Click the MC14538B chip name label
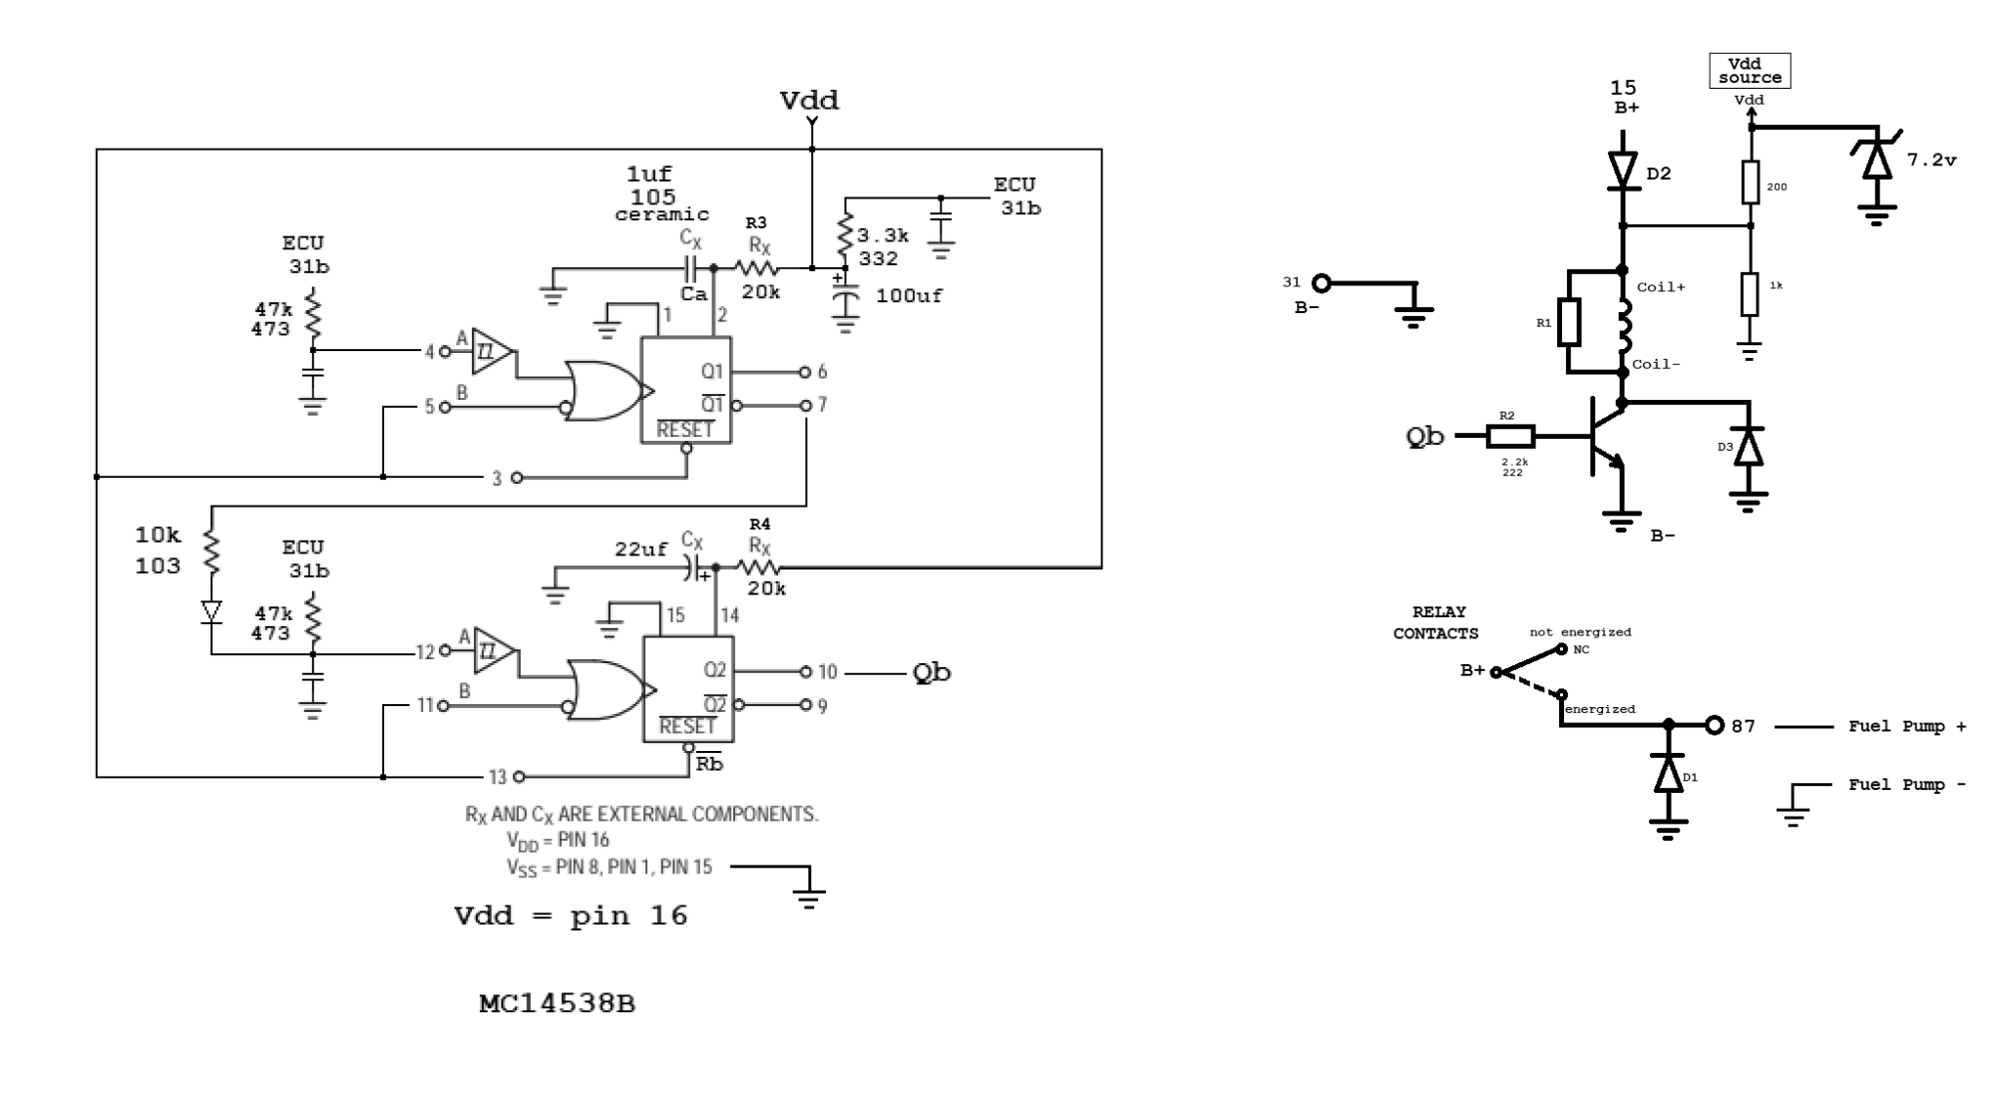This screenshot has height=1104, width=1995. point(557,1003)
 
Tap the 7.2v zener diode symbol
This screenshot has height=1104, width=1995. point(1877,160)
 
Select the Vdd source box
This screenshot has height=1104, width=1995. point(1750,71)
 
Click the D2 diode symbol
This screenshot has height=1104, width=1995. point(1623,171)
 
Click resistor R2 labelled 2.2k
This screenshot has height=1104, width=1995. point(1511,436)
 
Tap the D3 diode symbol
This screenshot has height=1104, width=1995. point(1748,447)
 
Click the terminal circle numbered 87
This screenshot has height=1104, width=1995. point(1714,725)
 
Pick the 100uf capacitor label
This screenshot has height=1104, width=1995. point(909,296)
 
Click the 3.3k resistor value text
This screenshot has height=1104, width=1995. point(883,236)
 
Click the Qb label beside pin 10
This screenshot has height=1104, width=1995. point(932,673)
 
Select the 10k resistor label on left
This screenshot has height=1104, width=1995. point(158,536)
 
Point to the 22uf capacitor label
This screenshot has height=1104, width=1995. point(640,550)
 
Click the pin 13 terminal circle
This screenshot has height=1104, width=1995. point(518,777)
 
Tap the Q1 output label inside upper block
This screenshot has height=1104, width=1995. point(711,372)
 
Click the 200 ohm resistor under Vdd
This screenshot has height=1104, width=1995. point(1750,183)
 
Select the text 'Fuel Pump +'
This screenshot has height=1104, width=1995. point(1906,726)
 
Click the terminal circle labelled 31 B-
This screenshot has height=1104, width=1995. point(1321,283)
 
